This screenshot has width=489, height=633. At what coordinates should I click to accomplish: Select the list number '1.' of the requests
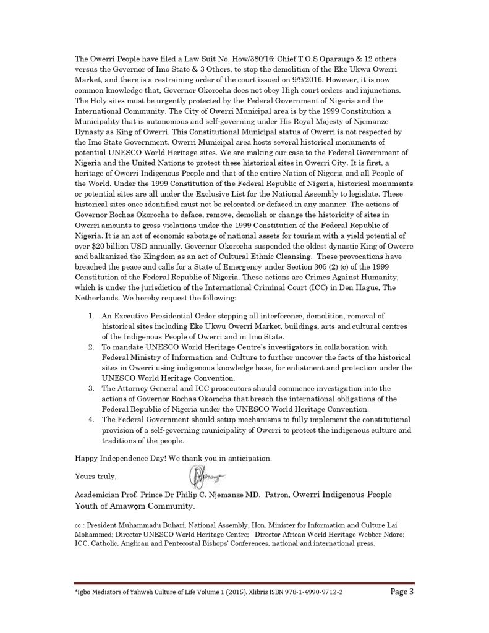point(91,315)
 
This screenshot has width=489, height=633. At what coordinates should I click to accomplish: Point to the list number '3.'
point(91,388)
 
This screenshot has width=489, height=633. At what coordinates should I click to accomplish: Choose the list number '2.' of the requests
point(91,347)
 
